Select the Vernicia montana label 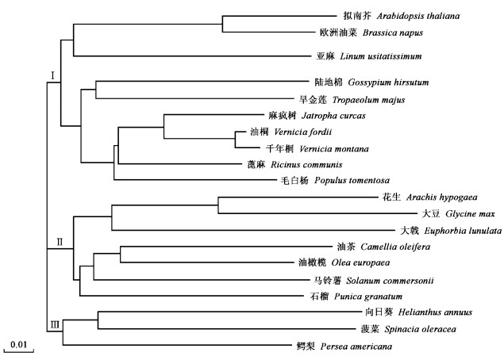pyautogui.click(x=325, y=148)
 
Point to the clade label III pyautogui.click(x=55, y=323)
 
